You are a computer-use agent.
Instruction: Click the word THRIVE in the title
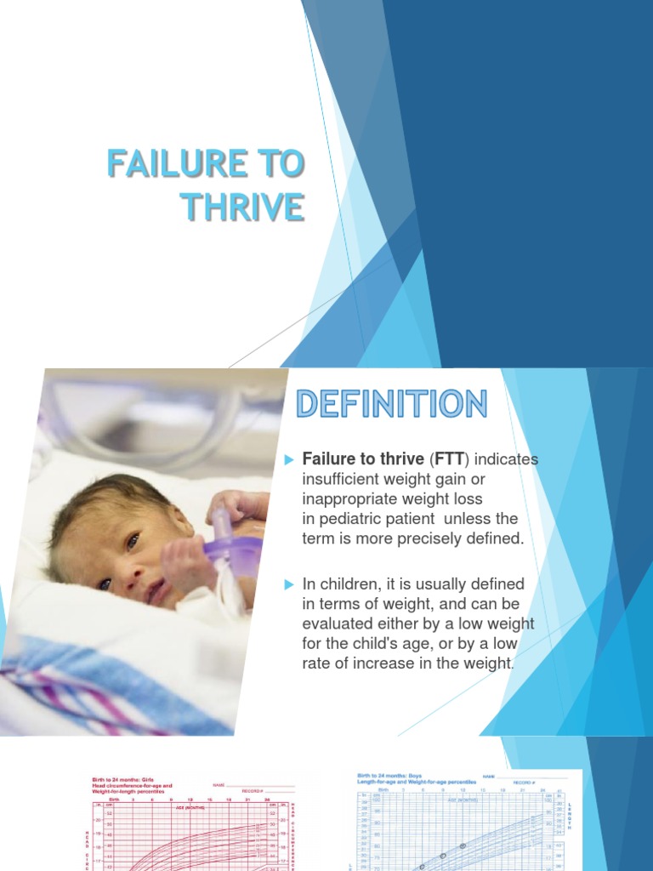coord(243,207)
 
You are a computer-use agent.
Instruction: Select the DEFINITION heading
coord(391,403)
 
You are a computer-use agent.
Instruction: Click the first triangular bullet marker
coord(288,460)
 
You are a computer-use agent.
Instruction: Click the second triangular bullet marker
coord(288,584)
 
